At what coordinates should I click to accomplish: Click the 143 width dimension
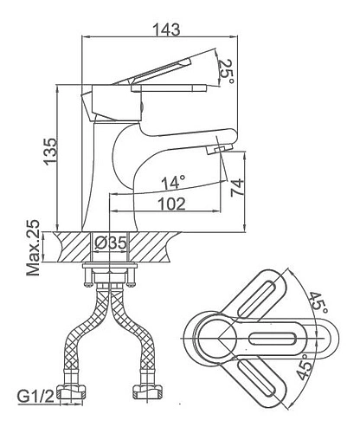[x=166, y=29]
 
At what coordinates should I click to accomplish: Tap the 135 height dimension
[x=50, y=152]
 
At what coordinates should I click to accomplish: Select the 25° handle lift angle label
[x=226, y=72]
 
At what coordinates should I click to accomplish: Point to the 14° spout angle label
[x=173, y=183]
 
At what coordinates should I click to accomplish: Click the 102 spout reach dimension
[x=172, y=204]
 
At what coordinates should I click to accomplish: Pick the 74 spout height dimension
[x=237, y=188]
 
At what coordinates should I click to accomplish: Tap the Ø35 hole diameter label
[x=111, y=243]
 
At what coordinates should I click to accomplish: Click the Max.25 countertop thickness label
[x=33, y=248]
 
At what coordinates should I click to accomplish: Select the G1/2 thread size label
[x=35, y=396]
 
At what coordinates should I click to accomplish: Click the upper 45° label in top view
[x=318, y=303]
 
